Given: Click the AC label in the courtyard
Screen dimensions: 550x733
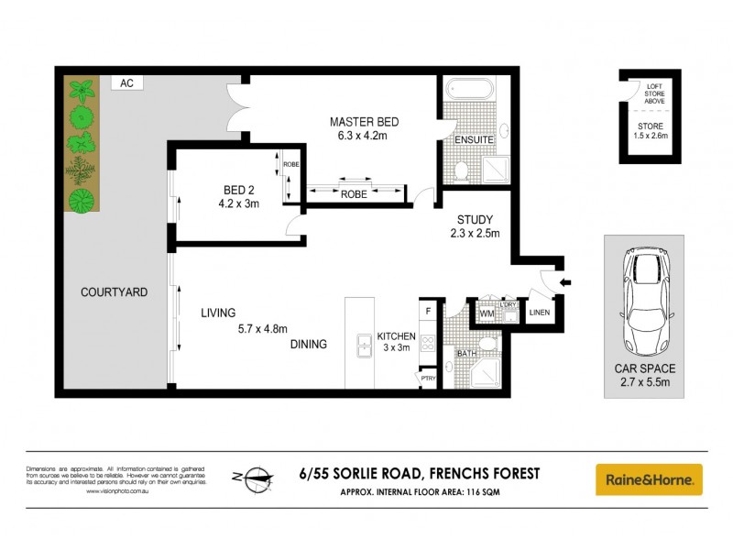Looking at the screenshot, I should point(126,82).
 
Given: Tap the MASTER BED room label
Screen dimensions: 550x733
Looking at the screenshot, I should point(364,122).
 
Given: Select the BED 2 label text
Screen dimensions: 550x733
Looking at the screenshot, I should point(237,190).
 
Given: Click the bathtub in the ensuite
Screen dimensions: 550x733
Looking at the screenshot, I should point(470,91).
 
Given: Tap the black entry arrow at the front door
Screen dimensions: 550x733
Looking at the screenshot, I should point(563,282).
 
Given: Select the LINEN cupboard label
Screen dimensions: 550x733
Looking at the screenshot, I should point(541,314).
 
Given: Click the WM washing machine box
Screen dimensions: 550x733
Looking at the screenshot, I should point(487,315).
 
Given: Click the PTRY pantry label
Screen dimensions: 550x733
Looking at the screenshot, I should point(428,376).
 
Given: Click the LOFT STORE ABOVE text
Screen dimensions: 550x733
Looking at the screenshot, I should point(652,94).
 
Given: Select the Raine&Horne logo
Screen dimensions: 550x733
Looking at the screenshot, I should point(649,479).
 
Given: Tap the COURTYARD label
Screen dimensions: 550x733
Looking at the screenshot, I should point(114,292).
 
